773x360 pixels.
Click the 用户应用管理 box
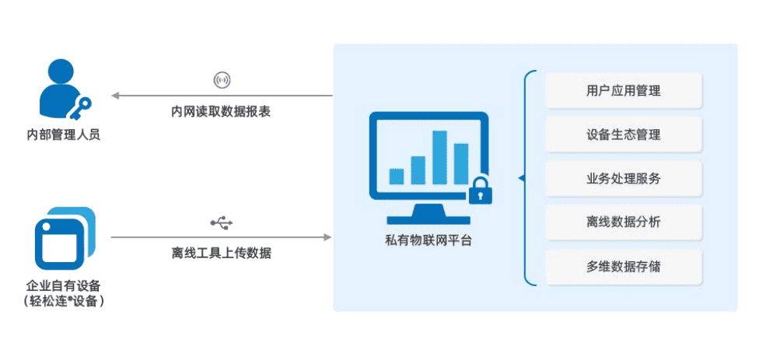pyautogui.click(x=624, y=90)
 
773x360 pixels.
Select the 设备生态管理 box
pyautogui.click(x=624, y=135)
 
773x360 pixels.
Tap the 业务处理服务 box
pyautogui.click(x=624, y=179)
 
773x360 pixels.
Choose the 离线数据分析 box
pyautogui.click(x=624, y=223)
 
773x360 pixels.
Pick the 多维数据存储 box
pyautogui.click(x=624, y=267)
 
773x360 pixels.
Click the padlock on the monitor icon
pyautogui.click(x=480, y=190)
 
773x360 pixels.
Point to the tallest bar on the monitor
pyautogui.click(x=440, y=156)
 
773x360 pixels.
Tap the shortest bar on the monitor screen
pyautogui.click(x=397, y=176)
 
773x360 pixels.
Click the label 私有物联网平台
pyautogui.click(x=428, y=239)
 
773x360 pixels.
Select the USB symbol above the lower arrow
pyautogui.click(x=222, y=224)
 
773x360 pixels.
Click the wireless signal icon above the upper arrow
pyautogui.click(x=222, y=80)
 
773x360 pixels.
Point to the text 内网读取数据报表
pyautogui.click(x=222, y=111)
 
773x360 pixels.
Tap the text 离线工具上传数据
pyautogui.click(x=222, y=253)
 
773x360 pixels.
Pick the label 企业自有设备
pyautogui.click(x=63, y=285)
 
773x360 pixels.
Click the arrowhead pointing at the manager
pyautogui.click(x=114, y=96)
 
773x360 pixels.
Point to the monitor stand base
pyautogui.click(x=428, y=219)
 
